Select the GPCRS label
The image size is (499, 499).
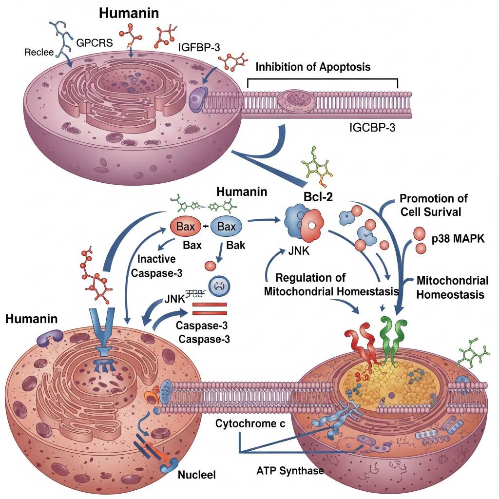coord(95,42)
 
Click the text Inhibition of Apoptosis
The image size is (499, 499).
coord(313,67)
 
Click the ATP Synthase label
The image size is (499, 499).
coord(290,471)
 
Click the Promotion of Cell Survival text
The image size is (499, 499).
coord(433,205)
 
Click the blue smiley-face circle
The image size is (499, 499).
coord(218,287)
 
